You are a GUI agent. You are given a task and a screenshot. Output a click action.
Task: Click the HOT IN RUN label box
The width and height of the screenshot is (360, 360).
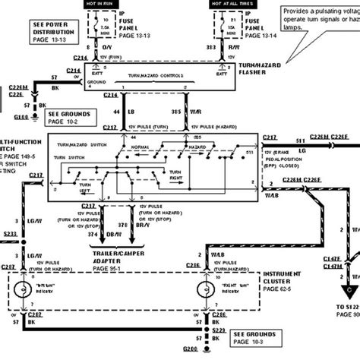tap(125, 5)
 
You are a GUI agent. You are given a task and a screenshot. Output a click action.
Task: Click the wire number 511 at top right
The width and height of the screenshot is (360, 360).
tap(299, 138)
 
